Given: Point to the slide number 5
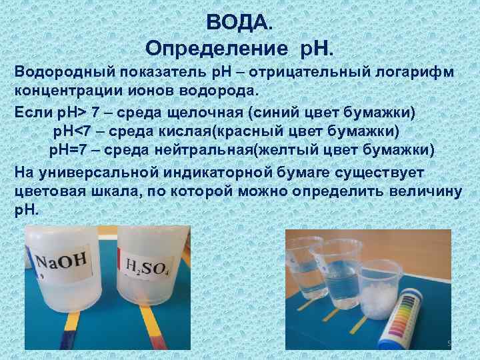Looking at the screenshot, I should (x=449, y=343).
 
